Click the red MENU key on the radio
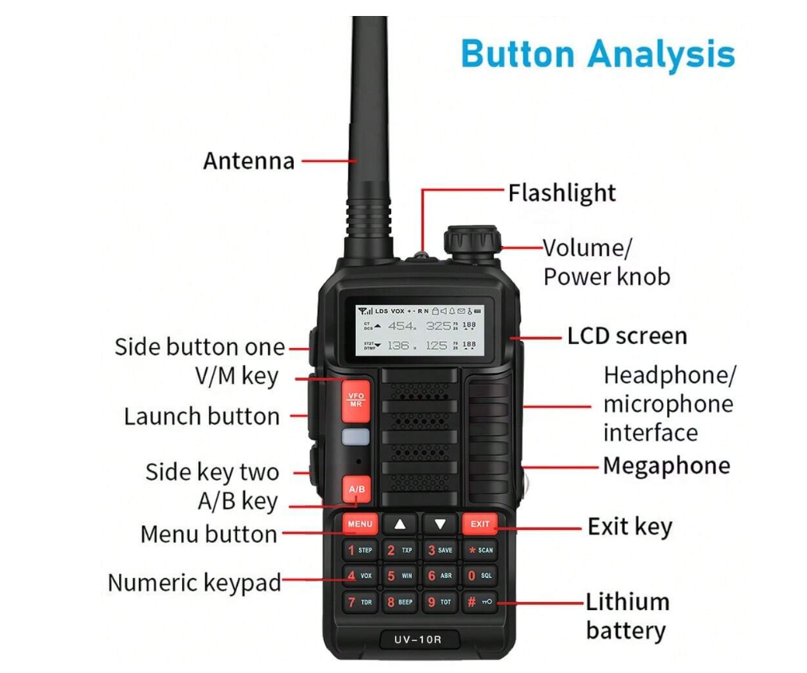point(360,525)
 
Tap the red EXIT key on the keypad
point(480,525)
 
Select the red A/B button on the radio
point(357,489)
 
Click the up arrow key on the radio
point(400,525)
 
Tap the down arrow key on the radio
point(440,525)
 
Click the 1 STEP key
point(360,550)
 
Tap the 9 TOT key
point(440,601)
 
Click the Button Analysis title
point(598,54)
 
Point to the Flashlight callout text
point(562,193)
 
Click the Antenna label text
point(249,160)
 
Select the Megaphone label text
point(667,465)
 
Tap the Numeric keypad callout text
point(195,583)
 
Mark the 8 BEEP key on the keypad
point(400,601)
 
